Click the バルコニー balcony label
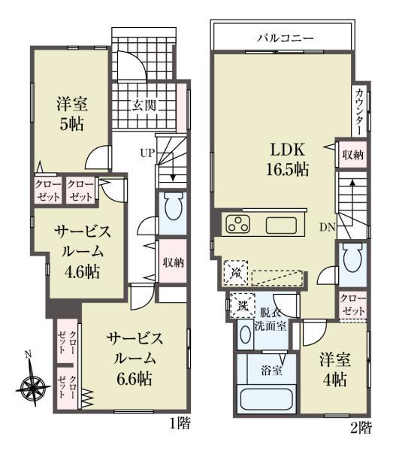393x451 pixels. (x=284, y=35)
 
